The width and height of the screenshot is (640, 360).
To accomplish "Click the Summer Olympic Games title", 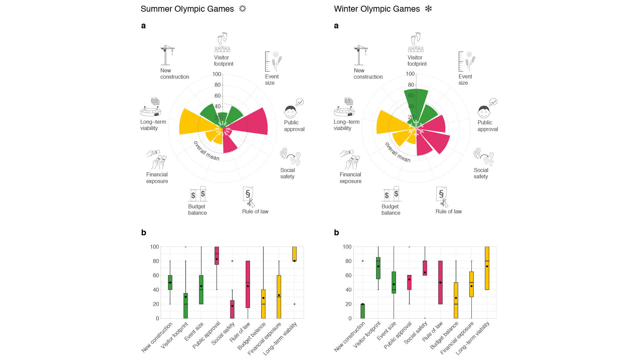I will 187,9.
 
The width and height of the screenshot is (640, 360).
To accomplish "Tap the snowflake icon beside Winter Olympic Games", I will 428,9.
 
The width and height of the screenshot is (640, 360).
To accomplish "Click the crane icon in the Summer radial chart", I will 167,55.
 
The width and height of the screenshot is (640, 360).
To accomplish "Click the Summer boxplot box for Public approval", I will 217,256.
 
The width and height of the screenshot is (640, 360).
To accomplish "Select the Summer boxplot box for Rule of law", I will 248,284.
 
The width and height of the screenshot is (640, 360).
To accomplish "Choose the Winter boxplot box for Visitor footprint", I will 378,268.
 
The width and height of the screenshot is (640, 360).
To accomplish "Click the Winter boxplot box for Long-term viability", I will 487,268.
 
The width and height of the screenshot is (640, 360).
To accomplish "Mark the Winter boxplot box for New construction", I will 363,311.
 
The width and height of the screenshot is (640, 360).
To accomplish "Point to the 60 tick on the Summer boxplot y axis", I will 156,275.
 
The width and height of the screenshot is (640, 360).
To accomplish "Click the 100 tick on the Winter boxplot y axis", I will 347,247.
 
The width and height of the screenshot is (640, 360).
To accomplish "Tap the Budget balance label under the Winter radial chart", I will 391,210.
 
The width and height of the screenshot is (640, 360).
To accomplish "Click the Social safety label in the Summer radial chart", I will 287,173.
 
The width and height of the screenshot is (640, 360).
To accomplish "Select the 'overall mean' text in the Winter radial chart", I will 398,152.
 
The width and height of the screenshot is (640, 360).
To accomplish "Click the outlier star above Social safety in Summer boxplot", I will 232,261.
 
